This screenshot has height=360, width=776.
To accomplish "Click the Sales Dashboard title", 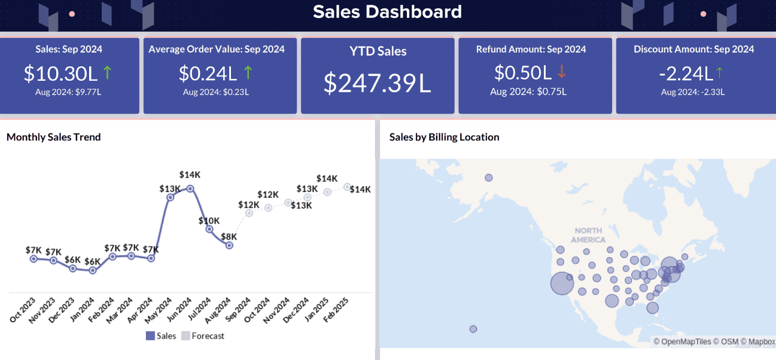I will tap(387, 12).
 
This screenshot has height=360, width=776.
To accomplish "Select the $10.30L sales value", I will tap(60, 73).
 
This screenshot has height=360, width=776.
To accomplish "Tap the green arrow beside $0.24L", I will tap(248, 73).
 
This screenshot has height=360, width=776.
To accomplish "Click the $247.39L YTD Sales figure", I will tap(377, 83).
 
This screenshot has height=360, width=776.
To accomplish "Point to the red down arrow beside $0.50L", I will tap(561, 72).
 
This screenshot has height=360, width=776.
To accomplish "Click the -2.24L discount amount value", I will tap(686, 73).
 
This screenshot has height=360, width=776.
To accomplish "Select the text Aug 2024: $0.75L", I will tap(528, 91).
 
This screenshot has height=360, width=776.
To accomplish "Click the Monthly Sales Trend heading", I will tap(54, 137).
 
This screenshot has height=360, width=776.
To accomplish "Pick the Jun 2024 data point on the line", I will tap(190, 188).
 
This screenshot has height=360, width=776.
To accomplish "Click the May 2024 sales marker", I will tap(170, 197).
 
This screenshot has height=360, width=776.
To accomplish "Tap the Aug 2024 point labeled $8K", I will tap(229, 245).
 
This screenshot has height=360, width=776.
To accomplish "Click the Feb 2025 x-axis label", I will tap(337, 310).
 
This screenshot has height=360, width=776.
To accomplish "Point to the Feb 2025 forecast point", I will tap(346, 187).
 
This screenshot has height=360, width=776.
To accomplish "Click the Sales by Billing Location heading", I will tap(444, 137).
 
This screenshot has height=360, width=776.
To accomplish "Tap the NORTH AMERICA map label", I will tap(588, 235).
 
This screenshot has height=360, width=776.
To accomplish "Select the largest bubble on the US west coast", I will tap(561, 283).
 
